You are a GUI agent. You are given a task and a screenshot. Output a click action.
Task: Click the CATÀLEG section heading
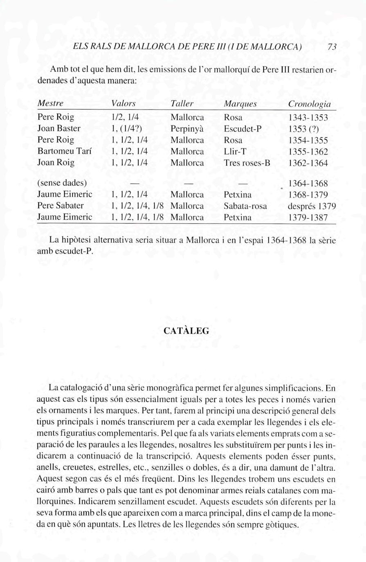tap(186, 331)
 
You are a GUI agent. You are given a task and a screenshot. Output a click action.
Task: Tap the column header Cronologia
tap(309, 104)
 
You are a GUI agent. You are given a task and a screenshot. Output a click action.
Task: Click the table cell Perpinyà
tap(187, 129)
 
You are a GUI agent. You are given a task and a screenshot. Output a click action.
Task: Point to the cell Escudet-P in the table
tap(243, 128)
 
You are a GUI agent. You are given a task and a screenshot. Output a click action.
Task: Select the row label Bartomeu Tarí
tap(63, 151)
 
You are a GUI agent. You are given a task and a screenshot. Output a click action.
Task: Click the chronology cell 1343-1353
tap(308, 118)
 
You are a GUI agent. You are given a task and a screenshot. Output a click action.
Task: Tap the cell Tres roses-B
tap(247, 163)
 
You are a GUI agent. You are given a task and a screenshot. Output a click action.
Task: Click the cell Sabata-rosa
tap(245, 206)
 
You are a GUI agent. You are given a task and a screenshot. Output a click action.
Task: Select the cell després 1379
tap(309, 206)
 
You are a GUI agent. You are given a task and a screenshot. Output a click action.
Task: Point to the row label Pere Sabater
tap(61, 206)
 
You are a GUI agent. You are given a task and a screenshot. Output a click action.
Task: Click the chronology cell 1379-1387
tap(308, 217)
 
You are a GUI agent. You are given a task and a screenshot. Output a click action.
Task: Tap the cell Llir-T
tap(235, 151)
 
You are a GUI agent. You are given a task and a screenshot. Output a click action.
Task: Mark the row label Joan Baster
tap(59, 128)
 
